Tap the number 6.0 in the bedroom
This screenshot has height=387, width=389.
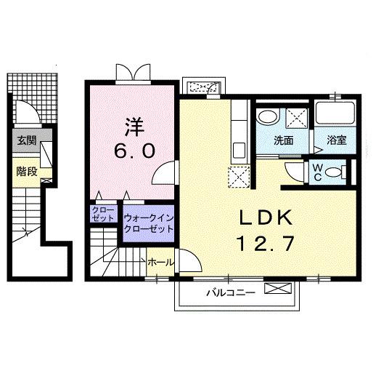coord(132,151)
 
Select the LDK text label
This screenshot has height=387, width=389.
coord(263,218)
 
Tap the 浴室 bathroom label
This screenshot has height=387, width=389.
coord(335,140)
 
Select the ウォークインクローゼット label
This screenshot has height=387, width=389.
coord(148,223)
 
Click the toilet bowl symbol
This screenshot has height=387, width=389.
coord(335,172)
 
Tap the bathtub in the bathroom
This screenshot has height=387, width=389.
coord(335,115)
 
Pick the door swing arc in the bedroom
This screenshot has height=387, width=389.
coord(165,172)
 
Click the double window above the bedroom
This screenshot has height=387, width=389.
coord(134,72)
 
